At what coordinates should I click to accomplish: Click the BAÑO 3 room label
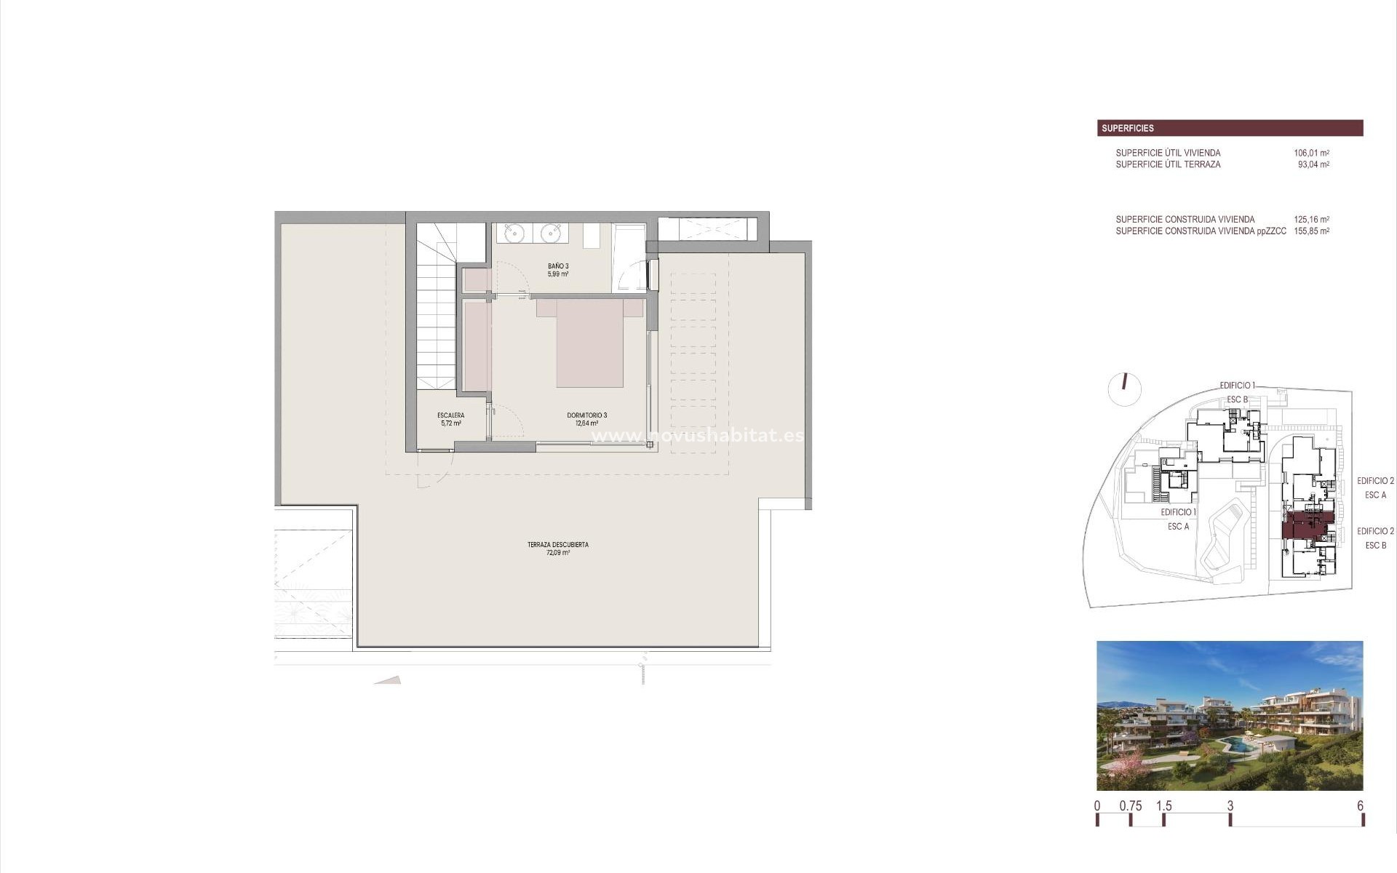[x=558, y=270]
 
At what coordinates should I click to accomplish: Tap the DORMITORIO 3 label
[x=586, y=419]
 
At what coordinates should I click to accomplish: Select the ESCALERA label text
[x=450, y=419]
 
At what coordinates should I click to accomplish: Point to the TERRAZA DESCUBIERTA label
[x=558, y=549]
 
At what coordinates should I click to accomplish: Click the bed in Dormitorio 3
[x=590, y=344]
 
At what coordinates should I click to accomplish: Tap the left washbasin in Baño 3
[x=516, y=233]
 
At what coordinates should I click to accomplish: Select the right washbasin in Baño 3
[x=551, y=233]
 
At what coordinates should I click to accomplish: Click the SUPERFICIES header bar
[x=1230, y=128]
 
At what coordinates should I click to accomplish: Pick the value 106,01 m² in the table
[x=1311, y=153]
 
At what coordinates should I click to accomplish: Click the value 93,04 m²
[x=1313, y=164]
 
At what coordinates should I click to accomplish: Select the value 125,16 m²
[x=1311, y=219]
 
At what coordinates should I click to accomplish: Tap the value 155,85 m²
[x=1311, y=231]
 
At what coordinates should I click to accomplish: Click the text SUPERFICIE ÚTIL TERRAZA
[x=1168, y=164]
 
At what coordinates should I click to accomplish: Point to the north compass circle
[x=1124, y=389]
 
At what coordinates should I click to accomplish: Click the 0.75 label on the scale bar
[x=1131, y=806]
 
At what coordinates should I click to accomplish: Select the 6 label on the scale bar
[x=1360, y=806]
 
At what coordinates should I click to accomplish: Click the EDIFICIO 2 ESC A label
[x=1375, y=487]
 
